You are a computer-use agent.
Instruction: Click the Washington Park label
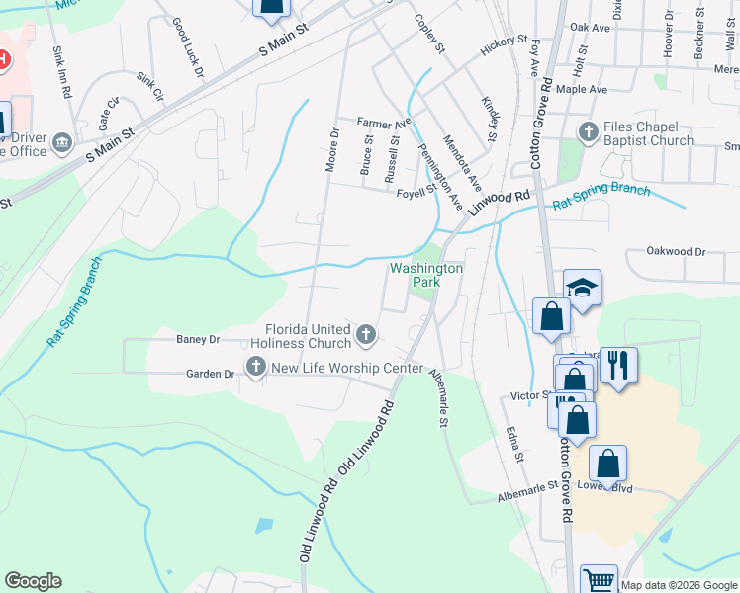coord(426,275)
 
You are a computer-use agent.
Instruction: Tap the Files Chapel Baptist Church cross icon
coord(588,131)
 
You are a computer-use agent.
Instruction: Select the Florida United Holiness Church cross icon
coord(366,335)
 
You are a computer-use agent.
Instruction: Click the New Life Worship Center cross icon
coord(255,369)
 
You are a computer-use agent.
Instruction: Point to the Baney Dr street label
coord(198,340)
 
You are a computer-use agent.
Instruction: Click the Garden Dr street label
coord(211,374)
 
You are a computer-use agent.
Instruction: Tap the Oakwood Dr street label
coord(676,252)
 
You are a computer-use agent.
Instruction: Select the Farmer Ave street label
coord(384,123)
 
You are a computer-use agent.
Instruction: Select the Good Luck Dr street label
coord(187,46)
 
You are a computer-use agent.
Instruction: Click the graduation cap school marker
coord(583,288)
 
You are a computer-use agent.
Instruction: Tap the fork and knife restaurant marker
coord(618,365)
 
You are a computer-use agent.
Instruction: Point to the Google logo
coord(33,581)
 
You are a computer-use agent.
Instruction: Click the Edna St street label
coord(512,444)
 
